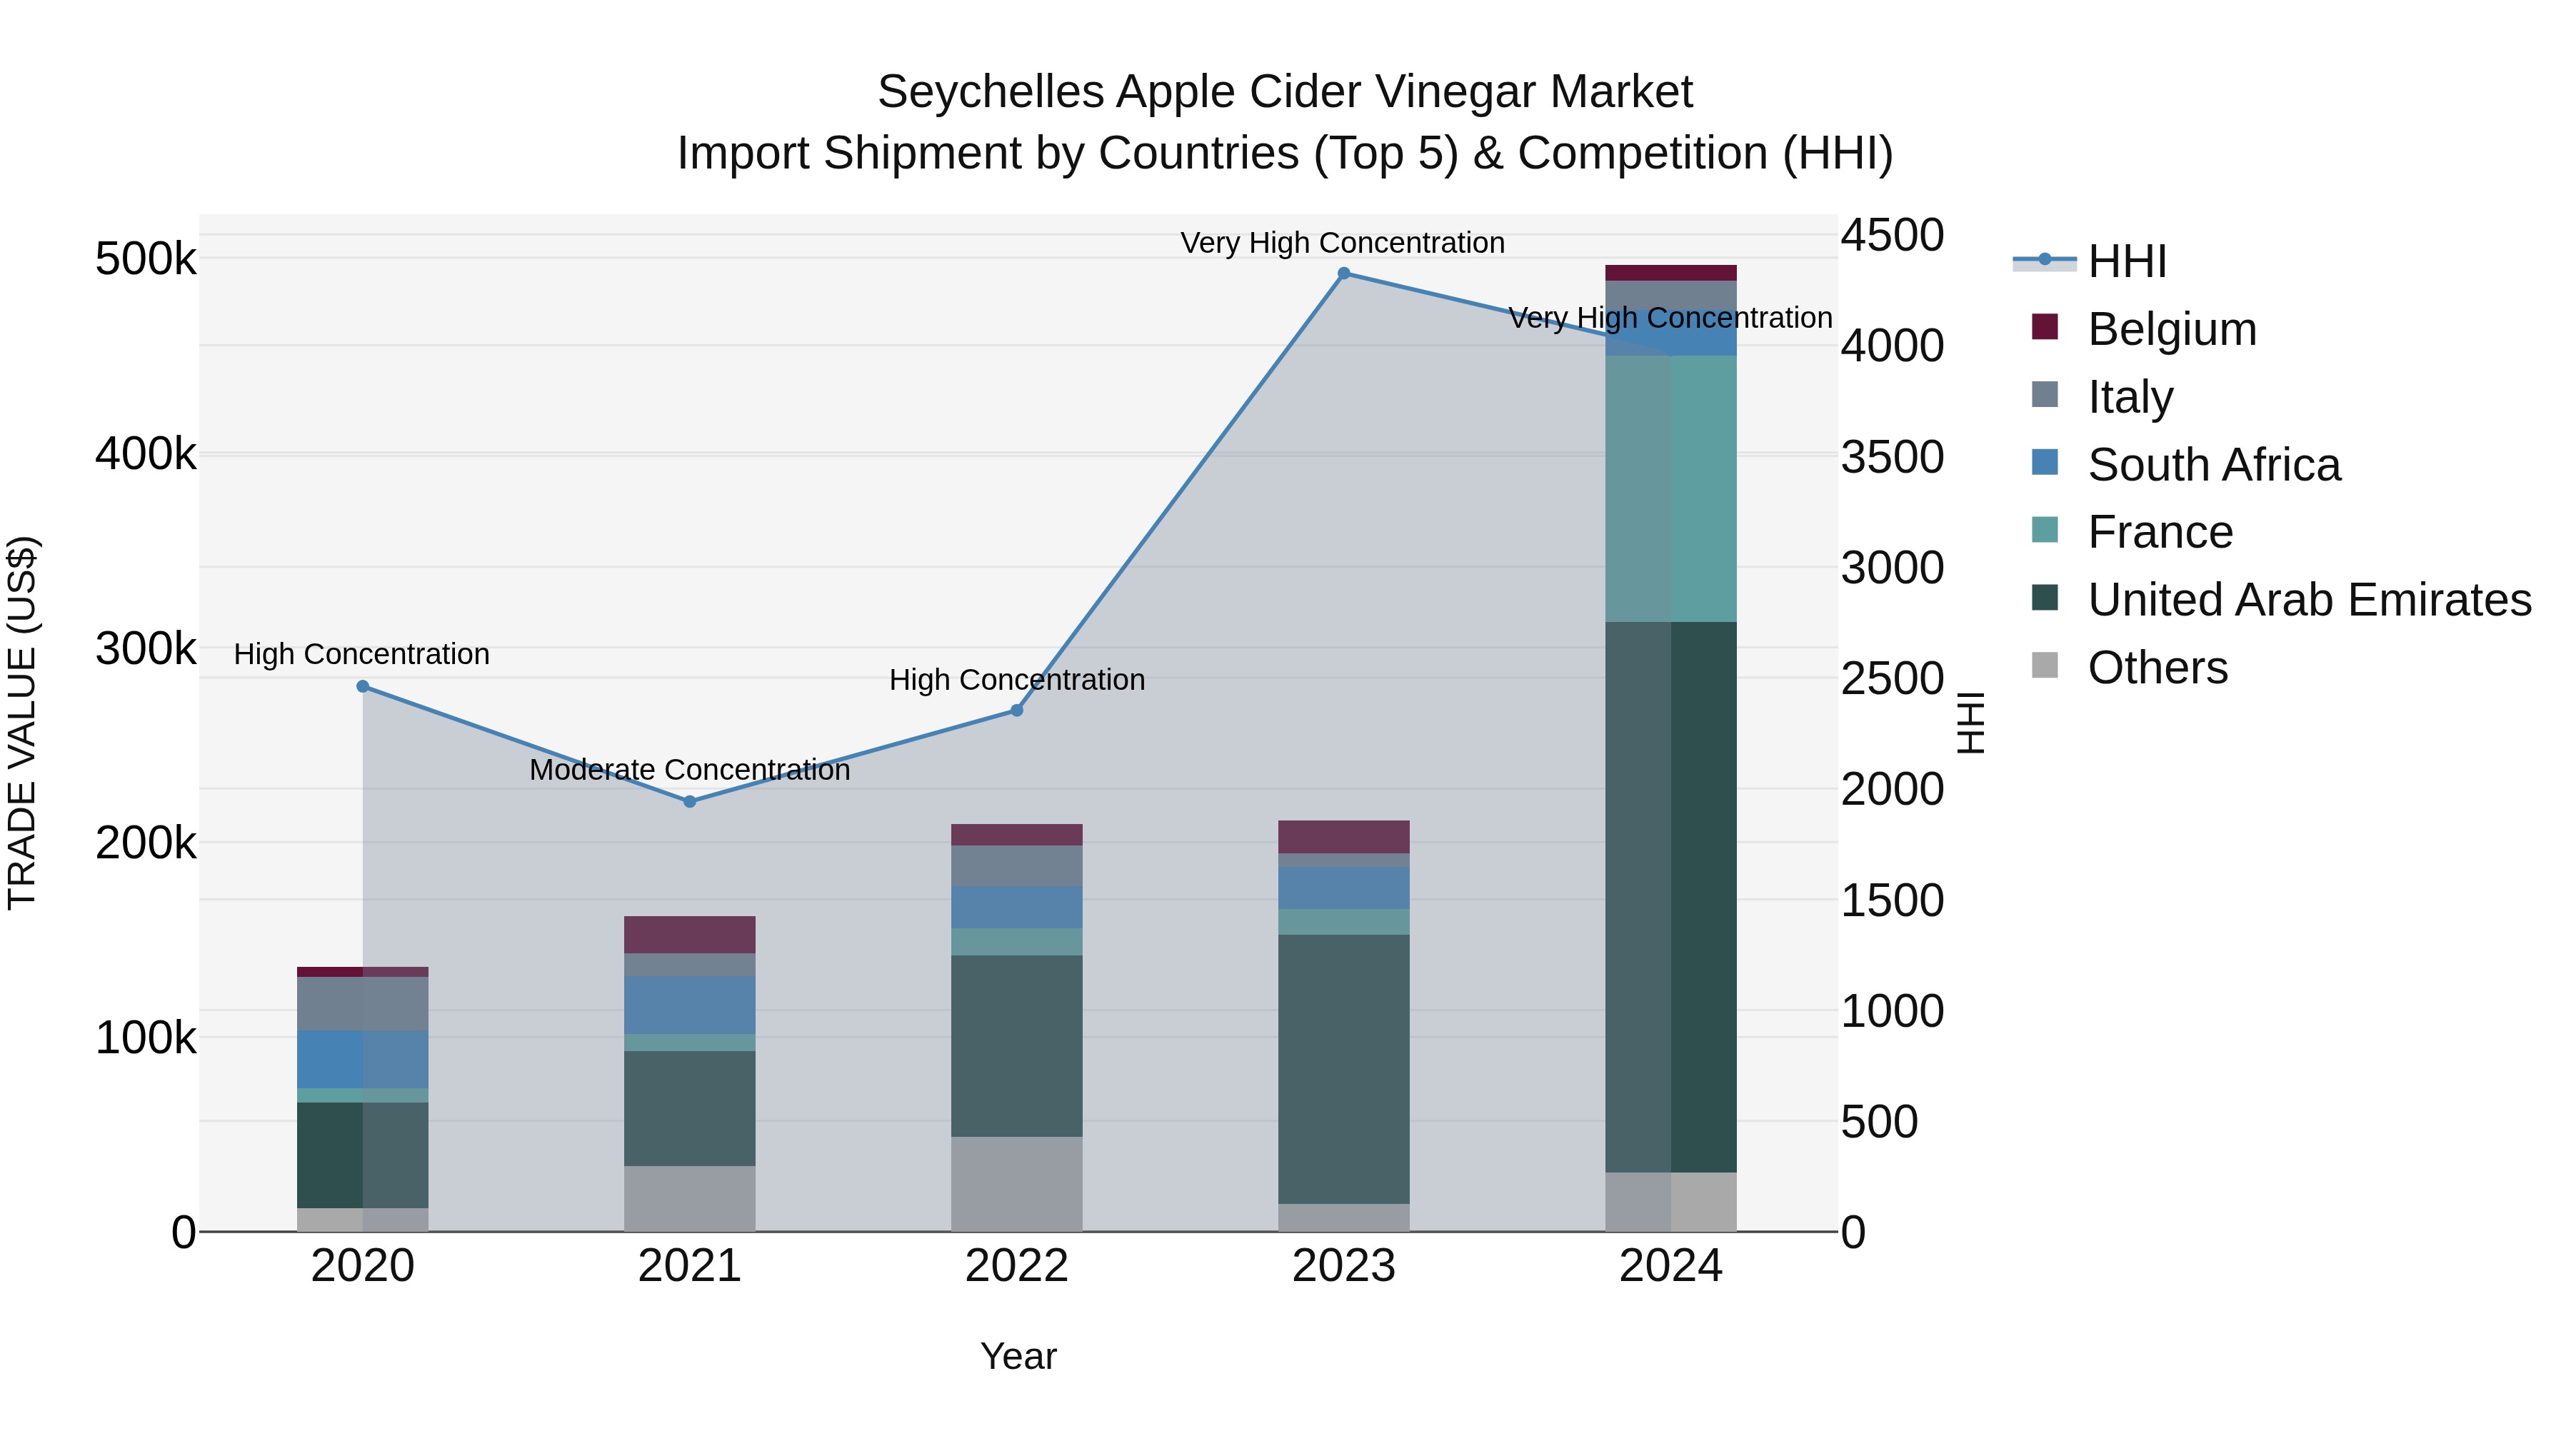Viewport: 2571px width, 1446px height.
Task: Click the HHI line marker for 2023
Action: point(1343,273)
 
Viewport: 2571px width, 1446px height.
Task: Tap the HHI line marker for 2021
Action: point(690,801)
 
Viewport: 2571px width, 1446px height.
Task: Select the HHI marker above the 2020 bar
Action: point(362,686)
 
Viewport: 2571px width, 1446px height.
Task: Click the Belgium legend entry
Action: point(2171,329)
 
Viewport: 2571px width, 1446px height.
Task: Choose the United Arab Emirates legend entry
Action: point(2308,600)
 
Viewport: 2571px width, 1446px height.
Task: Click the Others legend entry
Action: point(2157,668)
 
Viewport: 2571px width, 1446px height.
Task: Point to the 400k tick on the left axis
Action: point(146,454)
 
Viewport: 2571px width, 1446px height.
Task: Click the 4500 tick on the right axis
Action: point(1891,236)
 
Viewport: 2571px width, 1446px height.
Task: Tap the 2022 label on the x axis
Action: point(1016,1266)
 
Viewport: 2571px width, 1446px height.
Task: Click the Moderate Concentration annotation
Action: point(690,770)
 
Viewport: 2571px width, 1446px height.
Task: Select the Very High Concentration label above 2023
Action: point(1343,243)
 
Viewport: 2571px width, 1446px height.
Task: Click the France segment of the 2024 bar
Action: point(1670,489)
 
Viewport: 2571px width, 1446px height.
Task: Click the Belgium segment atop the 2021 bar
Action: point(690,934)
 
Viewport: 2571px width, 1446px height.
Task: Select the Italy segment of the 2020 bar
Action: point(362,1003)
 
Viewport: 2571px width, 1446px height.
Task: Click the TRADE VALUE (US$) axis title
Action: point(22,723)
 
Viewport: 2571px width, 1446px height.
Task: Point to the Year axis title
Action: point(1018,1356)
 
